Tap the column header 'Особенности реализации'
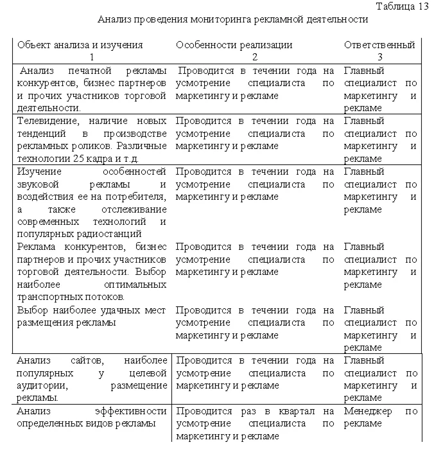[x=234, y=45]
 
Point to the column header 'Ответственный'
[x=379, y=45]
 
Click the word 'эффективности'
[x=130, y=411]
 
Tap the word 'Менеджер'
[x=368, y=411]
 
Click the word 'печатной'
[x=85, y=71]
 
